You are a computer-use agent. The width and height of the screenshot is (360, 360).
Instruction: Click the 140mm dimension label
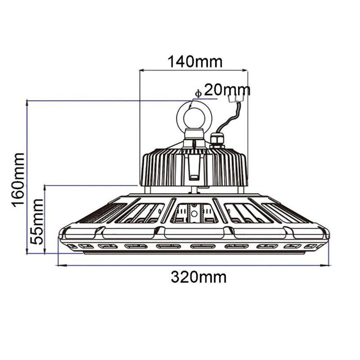click(195, 62)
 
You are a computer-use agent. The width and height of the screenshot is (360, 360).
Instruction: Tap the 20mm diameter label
click(227, 90)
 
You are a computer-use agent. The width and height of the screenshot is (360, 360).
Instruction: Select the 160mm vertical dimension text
click(18, 180)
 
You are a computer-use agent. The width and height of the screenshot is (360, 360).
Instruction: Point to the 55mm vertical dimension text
click(36, 222)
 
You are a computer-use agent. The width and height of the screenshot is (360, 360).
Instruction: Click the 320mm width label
click(198, 277)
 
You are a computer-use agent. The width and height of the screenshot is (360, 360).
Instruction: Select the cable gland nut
click(217, 140)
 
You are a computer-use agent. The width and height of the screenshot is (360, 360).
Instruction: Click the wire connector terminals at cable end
click(236, 98)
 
